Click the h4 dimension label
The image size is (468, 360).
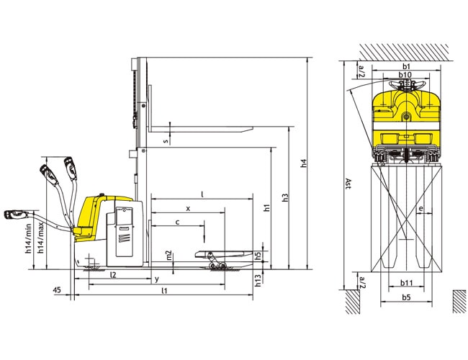coord(304,163)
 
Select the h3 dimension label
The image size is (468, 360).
coord(285,197)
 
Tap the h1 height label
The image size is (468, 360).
coord(266,208)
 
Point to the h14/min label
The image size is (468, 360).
coord(28,238)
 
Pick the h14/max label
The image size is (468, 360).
coord(40,238)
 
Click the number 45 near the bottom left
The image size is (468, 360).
coord(57,290)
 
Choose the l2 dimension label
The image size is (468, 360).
coord(112,274)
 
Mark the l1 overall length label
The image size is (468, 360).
coord(164,290)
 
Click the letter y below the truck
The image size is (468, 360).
coord(157,279)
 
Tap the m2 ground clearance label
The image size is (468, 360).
coord(169,255)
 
